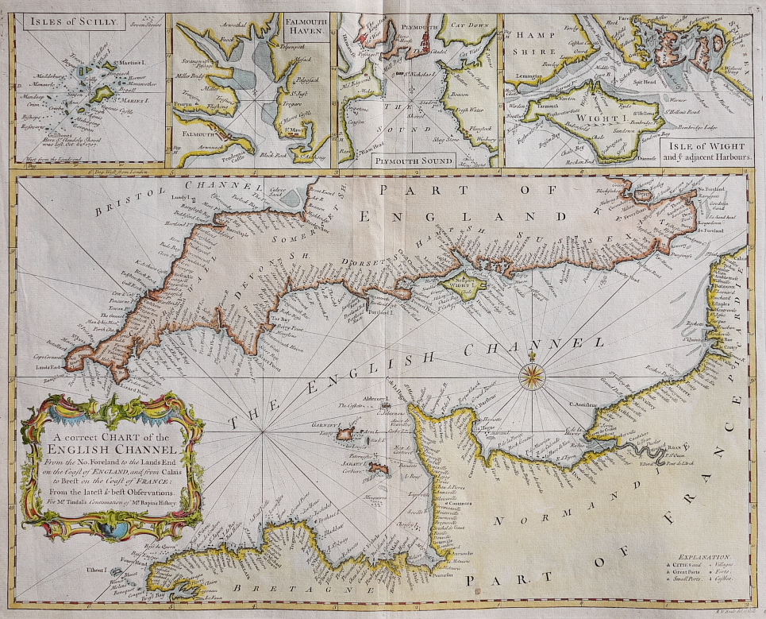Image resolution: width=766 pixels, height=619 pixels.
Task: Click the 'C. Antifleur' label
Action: coord(583,404)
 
